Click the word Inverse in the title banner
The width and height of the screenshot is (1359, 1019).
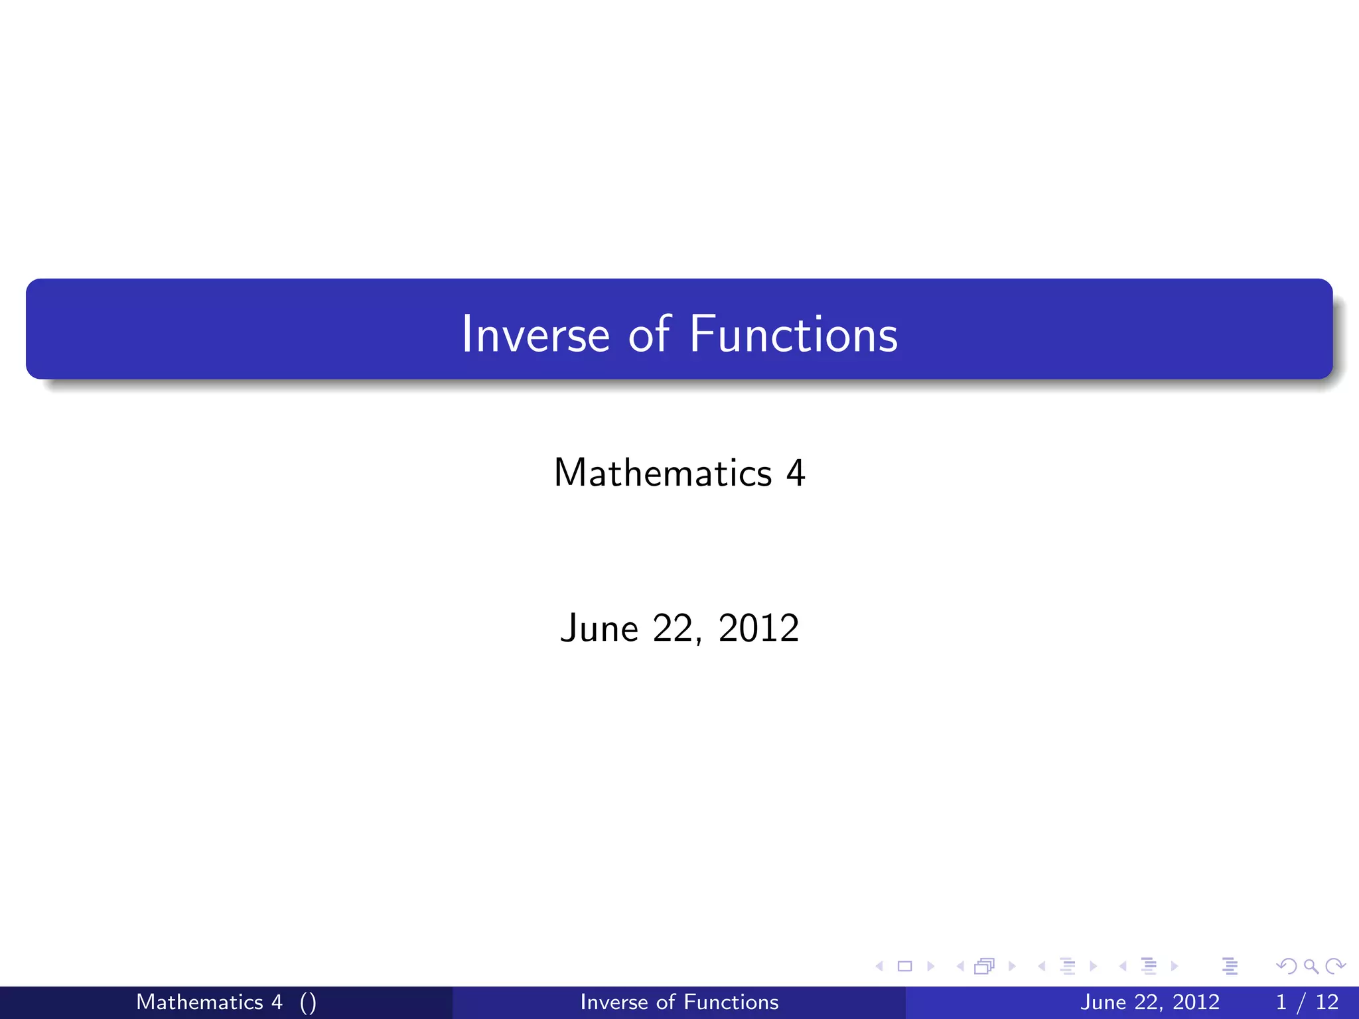pos(535,334)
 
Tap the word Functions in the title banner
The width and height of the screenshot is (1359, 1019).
pos(793,334)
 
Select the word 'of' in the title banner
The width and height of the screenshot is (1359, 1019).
pos(649,334)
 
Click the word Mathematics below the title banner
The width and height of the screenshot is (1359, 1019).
pos(662,473)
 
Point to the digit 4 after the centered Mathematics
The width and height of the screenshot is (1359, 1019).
pos(795,473)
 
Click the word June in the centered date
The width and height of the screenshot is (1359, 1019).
pos(599,628)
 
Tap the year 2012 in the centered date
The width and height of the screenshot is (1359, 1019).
pos(758,628)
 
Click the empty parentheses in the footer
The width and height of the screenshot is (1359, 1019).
pos(308,1002)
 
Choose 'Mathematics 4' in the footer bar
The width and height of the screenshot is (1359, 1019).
pos(209,1002)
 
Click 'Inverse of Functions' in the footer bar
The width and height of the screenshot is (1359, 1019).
pos(679,1002)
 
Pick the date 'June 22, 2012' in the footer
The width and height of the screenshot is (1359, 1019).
pos(1149,1002)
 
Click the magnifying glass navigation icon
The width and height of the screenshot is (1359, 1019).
pos(1311,967)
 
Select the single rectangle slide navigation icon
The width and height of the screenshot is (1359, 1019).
pos(904,967)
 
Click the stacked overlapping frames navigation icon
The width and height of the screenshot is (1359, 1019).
pos(984,967)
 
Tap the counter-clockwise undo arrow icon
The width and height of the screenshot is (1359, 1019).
pos(1287,967)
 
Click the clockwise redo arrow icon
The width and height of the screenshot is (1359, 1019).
pos(1335,967)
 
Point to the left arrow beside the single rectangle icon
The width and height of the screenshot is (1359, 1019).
pos(879,967)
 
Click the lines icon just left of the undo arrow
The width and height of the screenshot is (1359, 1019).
pos(1230,967)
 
